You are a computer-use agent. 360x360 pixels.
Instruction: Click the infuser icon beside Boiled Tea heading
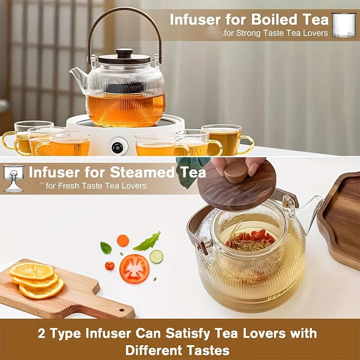tap(344, 25)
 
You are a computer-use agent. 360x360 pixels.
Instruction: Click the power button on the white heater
tap(118, 146)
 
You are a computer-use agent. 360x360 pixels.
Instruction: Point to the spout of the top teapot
tap(77, 74)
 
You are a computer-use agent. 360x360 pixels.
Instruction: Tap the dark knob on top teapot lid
tap(125, 53)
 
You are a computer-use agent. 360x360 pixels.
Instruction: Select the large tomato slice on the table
tap(134, 269)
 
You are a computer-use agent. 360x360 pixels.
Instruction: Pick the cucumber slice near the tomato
tap(156, 256)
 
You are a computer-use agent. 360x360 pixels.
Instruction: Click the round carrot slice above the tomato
tap(123, 241)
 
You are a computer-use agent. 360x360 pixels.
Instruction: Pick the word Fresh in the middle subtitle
tap(67, 185)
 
